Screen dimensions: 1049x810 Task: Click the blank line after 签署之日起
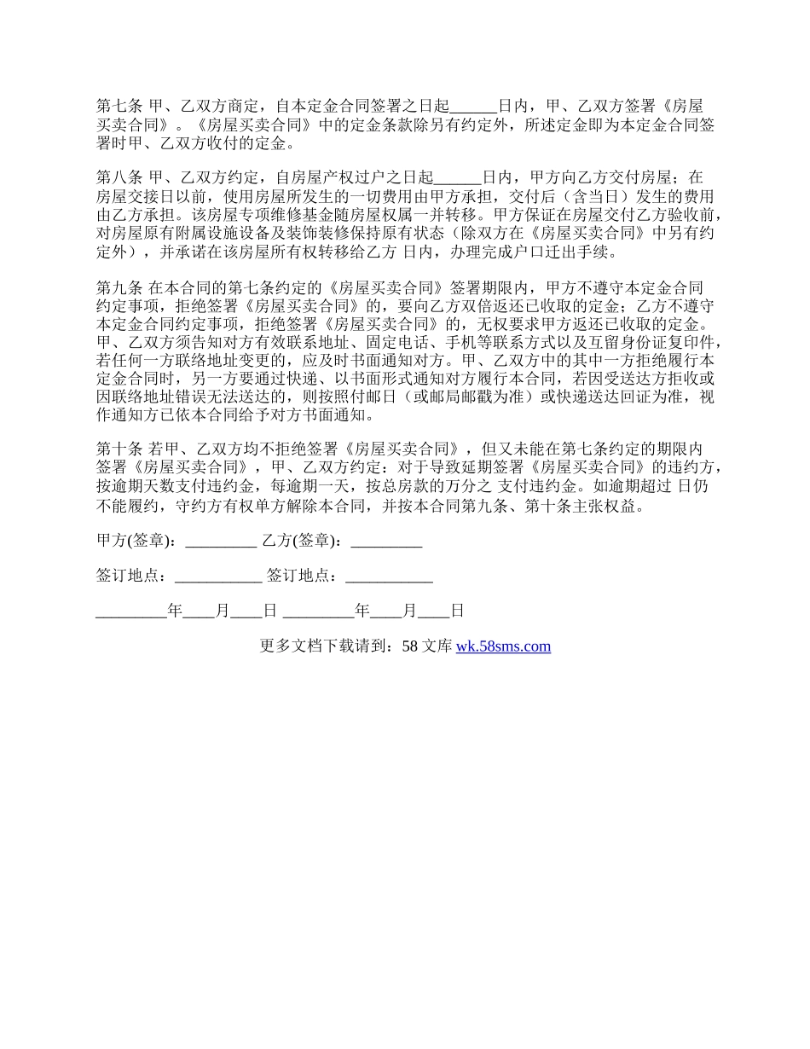click(x=473, y=107)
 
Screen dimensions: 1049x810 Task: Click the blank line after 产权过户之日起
click(x=458, y=178)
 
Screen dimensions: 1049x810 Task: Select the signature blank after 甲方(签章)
click(x=221, y=541)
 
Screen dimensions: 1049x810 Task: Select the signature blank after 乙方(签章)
click(x=386, y=541)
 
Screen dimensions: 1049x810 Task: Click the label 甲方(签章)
click(x=136, y=541)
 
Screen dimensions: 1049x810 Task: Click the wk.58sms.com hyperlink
click(x=503, y=646)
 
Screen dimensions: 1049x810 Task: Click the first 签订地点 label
click(x=130, y=576)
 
